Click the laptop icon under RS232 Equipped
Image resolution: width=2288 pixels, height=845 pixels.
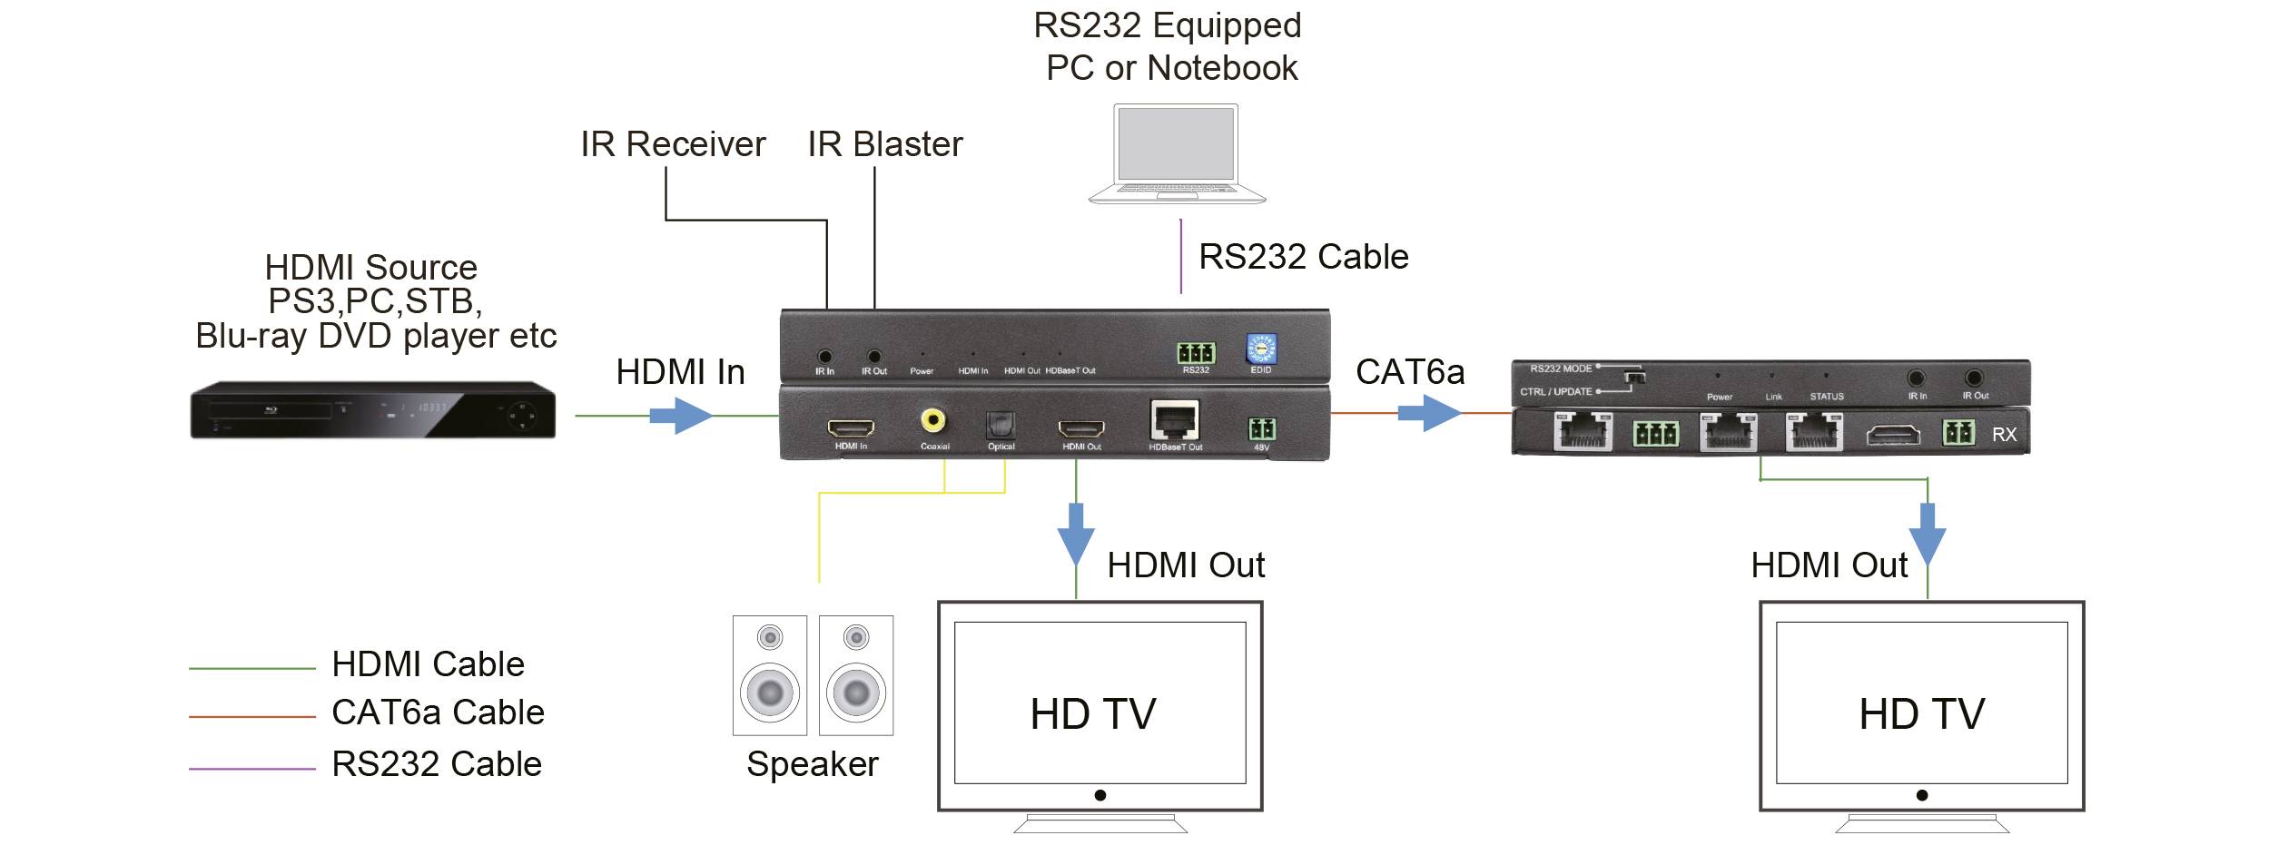coord(1177,153)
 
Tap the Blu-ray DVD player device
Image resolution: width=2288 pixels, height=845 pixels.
coord(372,410)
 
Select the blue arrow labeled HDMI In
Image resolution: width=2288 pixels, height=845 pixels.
coord(680,417)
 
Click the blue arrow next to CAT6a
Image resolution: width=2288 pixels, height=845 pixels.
coord(1428,414)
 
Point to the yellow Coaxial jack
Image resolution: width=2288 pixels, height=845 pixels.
coord(932,420)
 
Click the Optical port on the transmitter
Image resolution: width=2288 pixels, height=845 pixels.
coord(1000,425)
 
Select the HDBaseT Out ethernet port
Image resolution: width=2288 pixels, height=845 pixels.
coord(1175,421)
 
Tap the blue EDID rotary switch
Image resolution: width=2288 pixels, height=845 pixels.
coord(1261,349)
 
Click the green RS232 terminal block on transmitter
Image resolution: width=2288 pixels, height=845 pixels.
coord(1196,353)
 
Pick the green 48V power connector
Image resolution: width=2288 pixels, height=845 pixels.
coord(1261,428)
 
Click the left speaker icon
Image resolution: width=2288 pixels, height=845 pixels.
coord(770,675)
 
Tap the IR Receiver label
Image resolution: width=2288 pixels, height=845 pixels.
coord(673,144)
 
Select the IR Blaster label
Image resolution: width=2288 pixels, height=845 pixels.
coord(884,144)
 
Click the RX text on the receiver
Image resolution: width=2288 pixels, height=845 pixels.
coord(2004,435)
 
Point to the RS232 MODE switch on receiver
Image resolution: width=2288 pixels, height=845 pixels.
coord(1633,376)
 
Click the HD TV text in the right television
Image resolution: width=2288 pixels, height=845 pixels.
coord(1921,713)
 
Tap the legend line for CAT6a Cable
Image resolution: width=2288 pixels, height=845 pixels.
coord(251,717)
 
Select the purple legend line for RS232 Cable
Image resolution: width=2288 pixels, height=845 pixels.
coord(251,769)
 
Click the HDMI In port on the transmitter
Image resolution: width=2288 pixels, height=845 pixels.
coord(851,427)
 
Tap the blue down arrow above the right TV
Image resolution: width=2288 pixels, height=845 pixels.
coord(1927,533)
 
